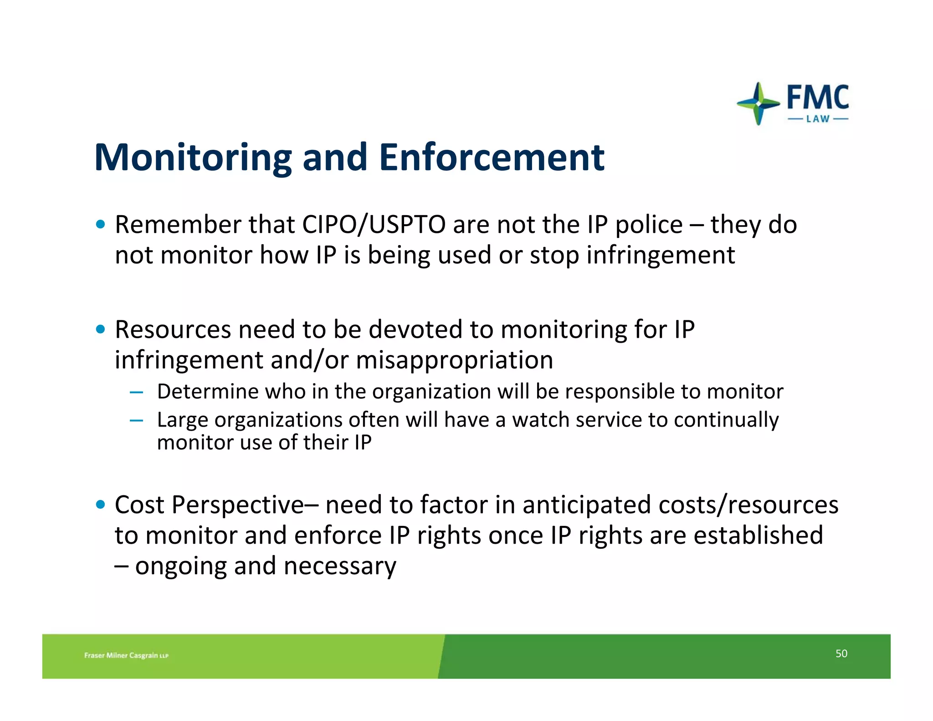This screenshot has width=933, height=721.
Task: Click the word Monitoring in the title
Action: (x=193, y=158)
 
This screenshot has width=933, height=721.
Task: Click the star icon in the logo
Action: (x=758, y=103)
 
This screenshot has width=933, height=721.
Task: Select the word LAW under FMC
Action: (x=818, y=119)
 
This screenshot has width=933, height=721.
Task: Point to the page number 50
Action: (x=841, y=654)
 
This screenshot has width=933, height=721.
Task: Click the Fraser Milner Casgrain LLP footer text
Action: (x=126, y=655)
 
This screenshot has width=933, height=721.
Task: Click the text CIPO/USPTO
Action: (x=374, y=225)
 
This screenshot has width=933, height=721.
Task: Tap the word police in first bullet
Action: (x=649, y=226)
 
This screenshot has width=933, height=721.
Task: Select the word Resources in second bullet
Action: (x=173, y=330)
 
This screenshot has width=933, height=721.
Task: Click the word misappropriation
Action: (x=454, y=360)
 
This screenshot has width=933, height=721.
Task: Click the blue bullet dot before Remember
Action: (x=101, y=224)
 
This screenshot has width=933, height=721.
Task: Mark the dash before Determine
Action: (x=136, y=392)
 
